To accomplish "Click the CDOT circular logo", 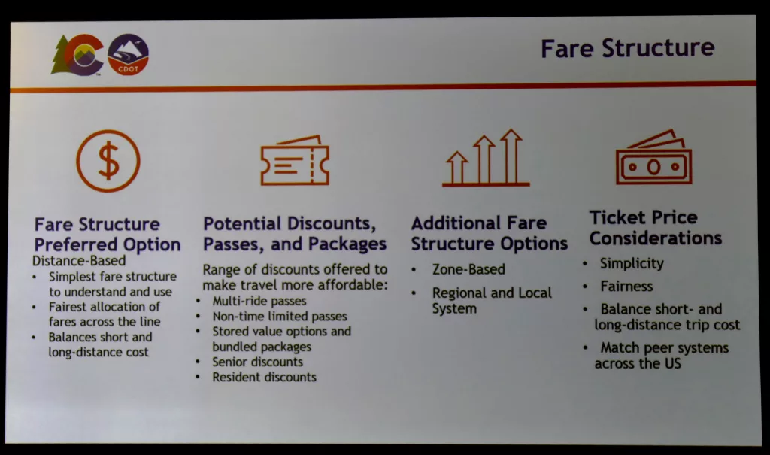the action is point(128,55).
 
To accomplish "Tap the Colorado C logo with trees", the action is point(77,55).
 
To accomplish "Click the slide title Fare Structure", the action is point(627,48).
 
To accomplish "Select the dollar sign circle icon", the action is point(108,161).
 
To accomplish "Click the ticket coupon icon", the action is point(295,161).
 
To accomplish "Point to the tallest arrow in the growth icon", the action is point(511,156).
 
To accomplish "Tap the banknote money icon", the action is point(653,157).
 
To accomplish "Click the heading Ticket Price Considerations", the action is point(655,227).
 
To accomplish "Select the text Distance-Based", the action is point(79,260).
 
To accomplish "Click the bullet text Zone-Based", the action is point(468,269).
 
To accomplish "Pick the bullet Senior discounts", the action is point(257,362).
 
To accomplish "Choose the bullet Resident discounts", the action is point(264,378).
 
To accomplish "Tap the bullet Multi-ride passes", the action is point(259,301).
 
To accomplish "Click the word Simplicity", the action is point(632,264).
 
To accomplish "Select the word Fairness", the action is point(626,286).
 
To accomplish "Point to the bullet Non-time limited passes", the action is point(280,316).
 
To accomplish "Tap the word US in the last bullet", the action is point(673,363).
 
